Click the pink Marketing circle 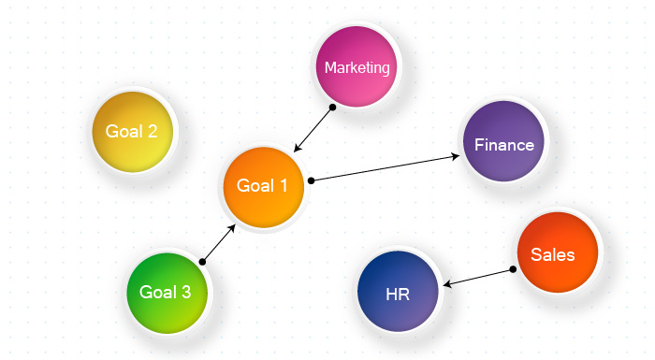coord(357,67)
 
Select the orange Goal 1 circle coord(263,186)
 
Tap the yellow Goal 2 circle coord(132,131)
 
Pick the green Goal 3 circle coord(166,292)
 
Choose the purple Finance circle coord(503,144)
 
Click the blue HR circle coord(398,293)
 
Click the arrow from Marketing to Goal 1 coord(313,129)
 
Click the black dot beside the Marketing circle coord(332,108)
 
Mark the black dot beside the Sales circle coord(513,269)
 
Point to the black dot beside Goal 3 coord(202,262)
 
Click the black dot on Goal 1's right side coord(311,180)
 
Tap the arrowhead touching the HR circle coord(446,284)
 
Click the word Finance coord(503,145)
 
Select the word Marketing coord(357,67)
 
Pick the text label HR coord(398,295)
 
